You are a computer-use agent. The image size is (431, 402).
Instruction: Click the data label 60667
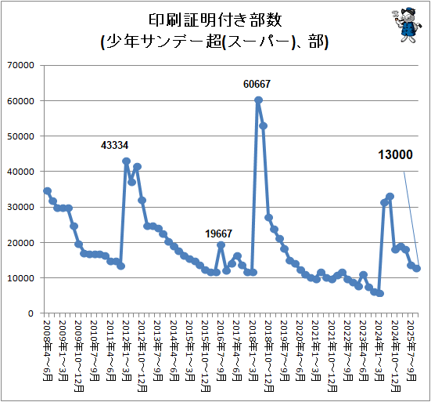pos(257,84)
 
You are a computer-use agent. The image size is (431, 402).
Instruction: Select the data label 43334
pos(114,145)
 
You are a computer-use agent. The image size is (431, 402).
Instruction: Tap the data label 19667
pos(218,234)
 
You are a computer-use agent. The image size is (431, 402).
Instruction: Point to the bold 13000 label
pos(395,154)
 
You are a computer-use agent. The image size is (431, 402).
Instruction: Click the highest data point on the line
pos(258,100)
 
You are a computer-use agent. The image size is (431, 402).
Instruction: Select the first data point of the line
pos(47,191)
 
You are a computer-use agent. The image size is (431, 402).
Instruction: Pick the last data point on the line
pos(417,268)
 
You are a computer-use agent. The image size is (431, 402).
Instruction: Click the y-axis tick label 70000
pos(20,65)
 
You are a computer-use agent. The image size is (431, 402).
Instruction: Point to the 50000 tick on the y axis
pos(20,136)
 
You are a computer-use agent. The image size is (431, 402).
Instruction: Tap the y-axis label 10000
pos(20,278)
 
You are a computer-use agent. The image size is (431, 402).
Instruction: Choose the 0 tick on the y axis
pos(31,313)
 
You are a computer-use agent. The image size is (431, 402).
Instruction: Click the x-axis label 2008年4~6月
pos(47,350)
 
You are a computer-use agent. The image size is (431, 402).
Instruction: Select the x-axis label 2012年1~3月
pos(127,350)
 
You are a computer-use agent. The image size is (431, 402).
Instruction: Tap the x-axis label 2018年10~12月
pos(269,356)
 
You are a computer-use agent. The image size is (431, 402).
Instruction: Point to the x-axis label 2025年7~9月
pos(411,350)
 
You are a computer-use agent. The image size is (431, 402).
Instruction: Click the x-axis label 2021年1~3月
pos(316,350)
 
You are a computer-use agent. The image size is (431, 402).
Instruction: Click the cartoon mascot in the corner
pos(406,25)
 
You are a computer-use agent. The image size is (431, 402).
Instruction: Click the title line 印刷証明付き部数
pos(215,20)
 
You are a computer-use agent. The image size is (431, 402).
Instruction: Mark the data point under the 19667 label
pos(221,244)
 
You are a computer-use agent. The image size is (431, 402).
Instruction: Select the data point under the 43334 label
pos(126,161)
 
